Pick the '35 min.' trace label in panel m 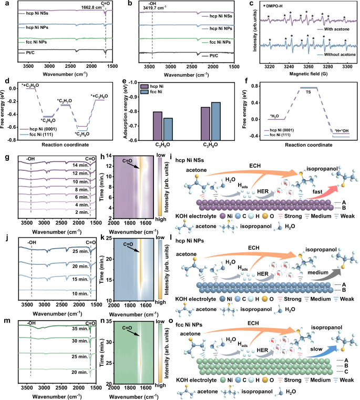78,327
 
